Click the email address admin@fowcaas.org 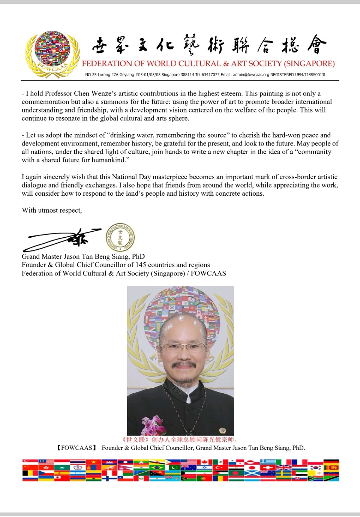coord(251,75)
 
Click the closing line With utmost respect coord(52,210)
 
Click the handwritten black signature coord(62,239)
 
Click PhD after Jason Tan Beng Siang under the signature coord(138,256)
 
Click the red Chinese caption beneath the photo coord(180,439)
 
